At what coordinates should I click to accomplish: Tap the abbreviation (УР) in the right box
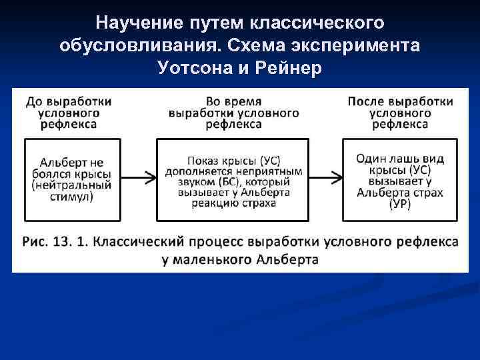(x=399, y=204)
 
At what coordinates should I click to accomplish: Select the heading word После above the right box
(x=366, y=102)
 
